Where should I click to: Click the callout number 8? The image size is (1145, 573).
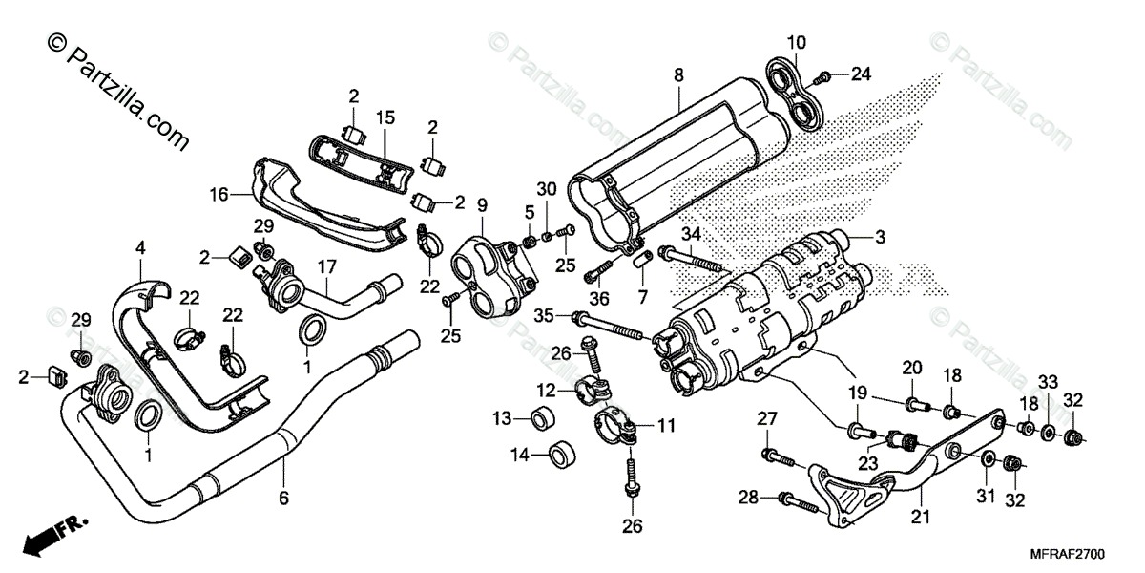click(678, 74)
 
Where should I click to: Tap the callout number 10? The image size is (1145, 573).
click(796, 42)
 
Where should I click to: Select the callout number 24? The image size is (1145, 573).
click(862, 74)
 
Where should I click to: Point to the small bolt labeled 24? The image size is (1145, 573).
click(826, 74)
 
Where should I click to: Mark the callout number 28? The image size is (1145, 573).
click(747, 497)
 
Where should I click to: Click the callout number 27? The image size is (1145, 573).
click(768, 417)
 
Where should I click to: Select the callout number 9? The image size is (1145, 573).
click(482, 203)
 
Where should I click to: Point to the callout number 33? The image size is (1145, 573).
click(1048, 382)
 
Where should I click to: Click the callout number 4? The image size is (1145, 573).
click(140, 247)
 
